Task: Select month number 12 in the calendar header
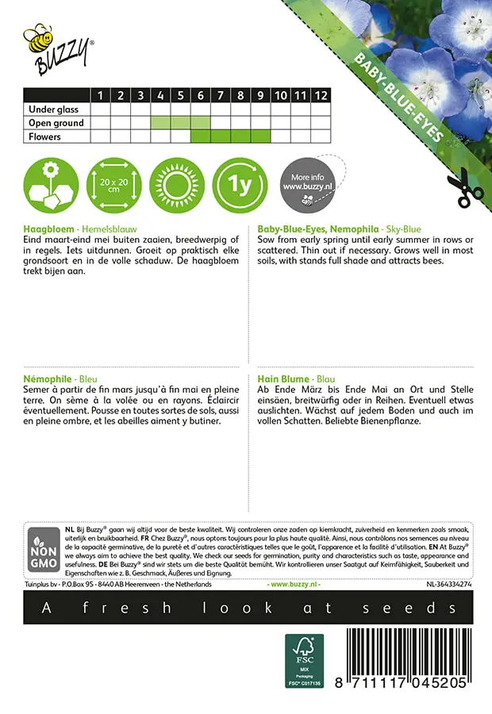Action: [x=321, y=96]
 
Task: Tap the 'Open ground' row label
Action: [x=56, y=123]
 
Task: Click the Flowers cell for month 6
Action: [x=201, y=136]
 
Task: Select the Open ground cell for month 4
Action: [x=161, y=123]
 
